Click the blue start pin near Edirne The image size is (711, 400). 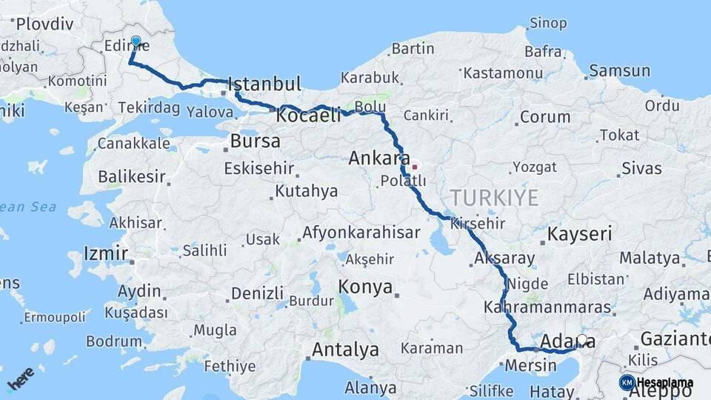[136, 41]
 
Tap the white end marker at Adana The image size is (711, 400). [582, 340]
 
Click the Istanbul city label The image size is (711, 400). [265, 84]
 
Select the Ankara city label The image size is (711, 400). [378, 158]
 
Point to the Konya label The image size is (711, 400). [365, 287]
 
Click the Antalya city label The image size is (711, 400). [345, 349]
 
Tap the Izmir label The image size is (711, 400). [107, 253]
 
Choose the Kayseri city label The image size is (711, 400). [579, 235]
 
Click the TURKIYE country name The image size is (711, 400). [494, 197]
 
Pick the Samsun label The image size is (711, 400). [621, 71]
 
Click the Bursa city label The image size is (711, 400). [256, 141]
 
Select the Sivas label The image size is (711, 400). [641, 168]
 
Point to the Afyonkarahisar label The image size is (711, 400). [361, 233]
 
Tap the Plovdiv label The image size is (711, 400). [44, 24]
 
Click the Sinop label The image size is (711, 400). [548, 24]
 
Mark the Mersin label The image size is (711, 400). [530, 364]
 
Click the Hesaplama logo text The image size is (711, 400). [664, 383]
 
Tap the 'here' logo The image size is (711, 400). [21, 379]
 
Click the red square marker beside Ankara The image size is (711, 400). [415, 167]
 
